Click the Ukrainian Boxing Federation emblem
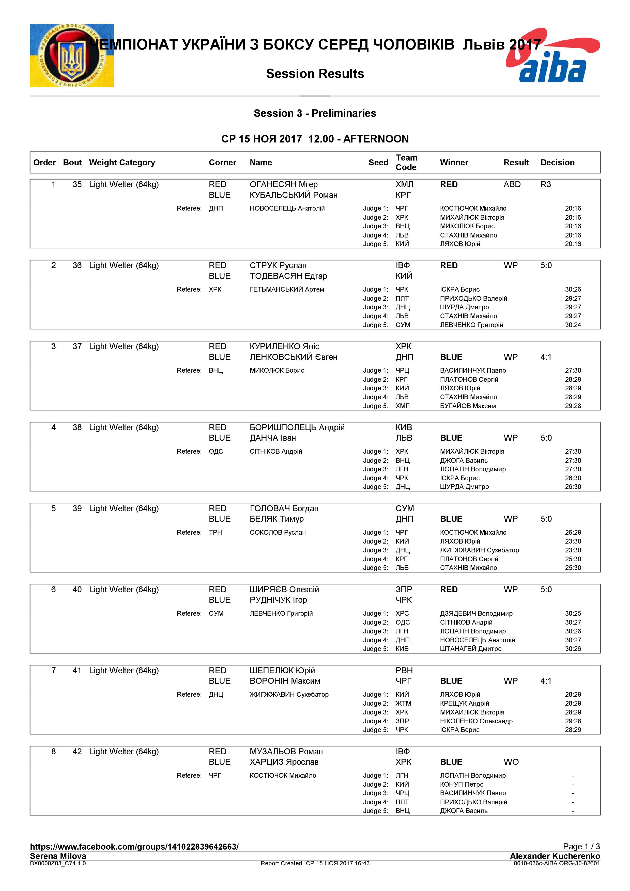pyautogui.click(x=72, y=55)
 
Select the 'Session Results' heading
pyautogui.click(x=315, y=74)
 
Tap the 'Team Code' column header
pyautogui.click(x=406, y=162)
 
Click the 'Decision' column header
pyautogui.click(x=557, y=163)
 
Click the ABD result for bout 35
pyautogui.click(x=512, y=184)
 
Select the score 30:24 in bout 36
pyautogui.click(x=573, y=325)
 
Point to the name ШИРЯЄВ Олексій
pyautogui.click(x=284, y=590)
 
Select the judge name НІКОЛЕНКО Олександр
pyautogui.click(x=476, y=721)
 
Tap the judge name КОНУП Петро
pyautogui.click(x=462, y=784)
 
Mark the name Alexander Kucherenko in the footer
pyautogui.click(x=555, y=856)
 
